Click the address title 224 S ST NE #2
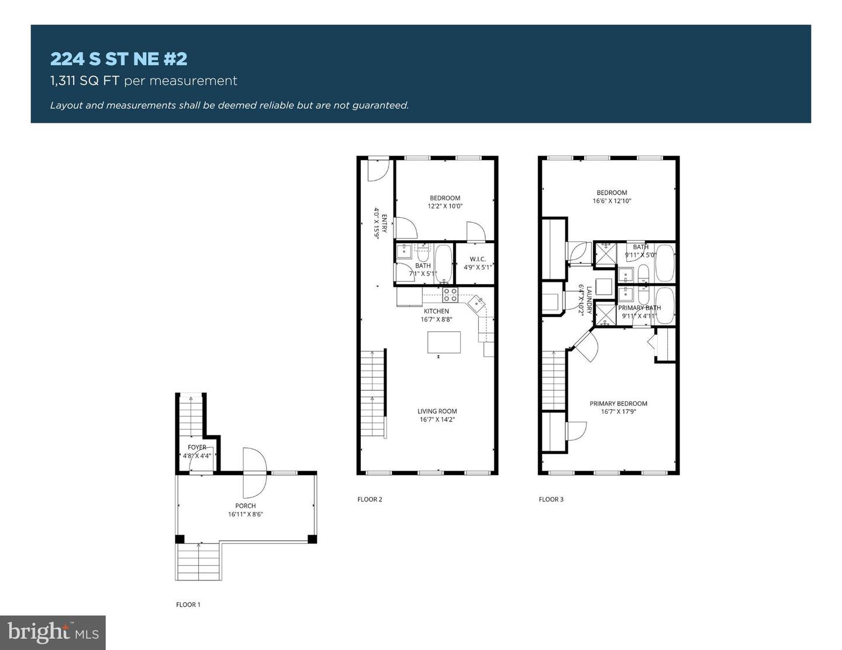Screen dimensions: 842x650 click(x=119, y=59)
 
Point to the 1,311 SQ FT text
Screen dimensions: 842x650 click(x=84, y=81)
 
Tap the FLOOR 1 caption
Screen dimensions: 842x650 click(x=188, y=604)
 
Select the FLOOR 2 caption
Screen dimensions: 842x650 click(x=370, y=499)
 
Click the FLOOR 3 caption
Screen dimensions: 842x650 click(x=551, y=499)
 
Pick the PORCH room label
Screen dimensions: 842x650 click(x=245, y=506)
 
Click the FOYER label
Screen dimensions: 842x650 click(x=197, y=447)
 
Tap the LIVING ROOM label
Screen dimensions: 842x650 click(x=437, y=411)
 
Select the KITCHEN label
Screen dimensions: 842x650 click(x=436, y=311)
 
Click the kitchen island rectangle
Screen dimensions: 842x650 click(x=444, y=343)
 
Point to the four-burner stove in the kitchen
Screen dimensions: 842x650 click(x=450, y=295)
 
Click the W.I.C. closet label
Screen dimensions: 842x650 click(x=478, y=259)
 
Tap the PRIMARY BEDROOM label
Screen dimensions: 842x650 click(x=619, y=403)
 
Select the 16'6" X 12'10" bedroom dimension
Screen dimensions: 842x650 click(x=612, y=201)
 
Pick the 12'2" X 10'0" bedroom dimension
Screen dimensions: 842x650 click(x=445, y=206)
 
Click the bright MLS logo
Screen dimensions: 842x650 click(x=53, y=632)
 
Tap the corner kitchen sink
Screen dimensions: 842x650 click(x=477, y=302)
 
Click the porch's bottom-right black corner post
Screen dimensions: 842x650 click(x=312, y=539)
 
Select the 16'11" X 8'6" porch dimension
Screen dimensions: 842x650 click(x=245, y=514)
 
